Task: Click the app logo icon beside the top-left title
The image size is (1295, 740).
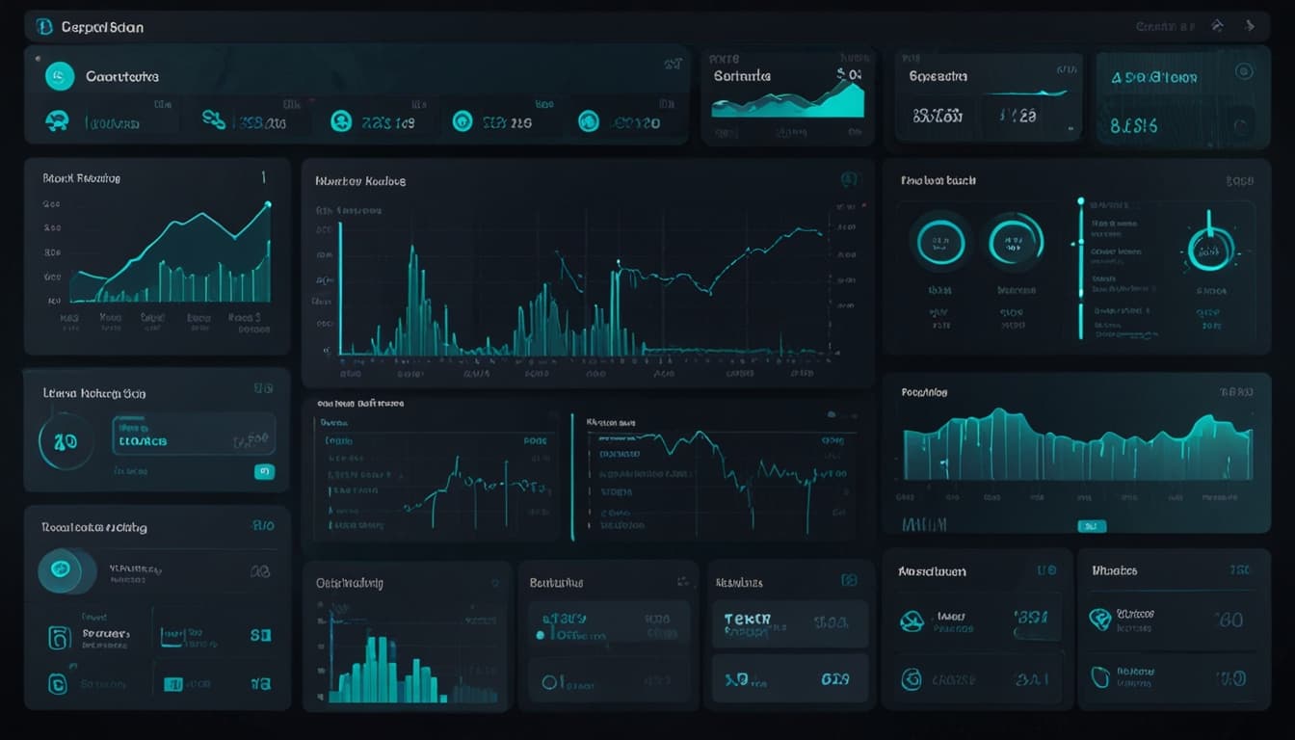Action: pos(44,27)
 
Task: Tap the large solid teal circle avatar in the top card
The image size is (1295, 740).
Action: pos(60,76)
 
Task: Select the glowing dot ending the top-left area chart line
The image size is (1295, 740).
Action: pos(268,204)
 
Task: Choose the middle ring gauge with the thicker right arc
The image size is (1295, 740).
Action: pos(1016,239)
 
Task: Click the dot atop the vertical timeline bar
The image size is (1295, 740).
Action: pos(1080,202)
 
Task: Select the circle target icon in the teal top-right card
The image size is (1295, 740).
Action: pos(1243,71)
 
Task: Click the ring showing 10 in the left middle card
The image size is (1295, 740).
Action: pos(66,441)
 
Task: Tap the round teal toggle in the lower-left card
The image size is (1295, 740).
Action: pos(60,569)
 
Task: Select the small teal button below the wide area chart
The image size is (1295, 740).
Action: pos(1091,526)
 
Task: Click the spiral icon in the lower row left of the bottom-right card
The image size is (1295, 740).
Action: pos(911,679)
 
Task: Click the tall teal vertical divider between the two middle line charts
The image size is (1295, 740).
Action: pos(572,477)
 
